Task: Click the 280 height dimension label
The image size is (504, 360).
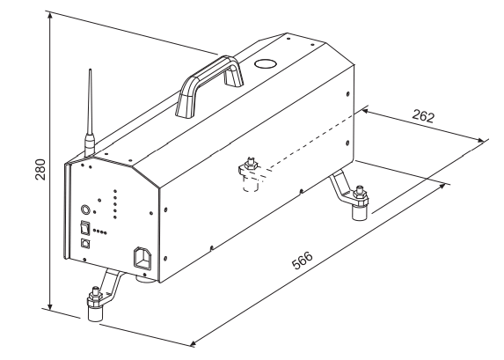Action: coord(40,169)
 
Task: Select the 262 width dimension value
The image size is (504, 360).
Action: coord(423,116)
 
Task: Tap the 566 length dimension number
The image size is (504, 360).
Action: coord(303,260)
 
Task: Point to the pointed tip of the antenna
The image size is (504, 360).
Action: coord(90,70)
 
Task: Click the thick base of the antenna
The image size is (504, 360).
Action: coord(90,145)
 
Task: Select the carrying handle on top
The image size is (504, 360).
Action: coord(209,84)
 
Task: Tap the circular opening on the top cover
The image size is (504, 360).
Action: coord(265,63)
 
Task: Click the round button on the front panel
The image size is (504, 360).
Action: coord(86,209)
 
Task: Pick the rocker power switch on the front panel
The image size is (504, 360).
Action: coord(84,228)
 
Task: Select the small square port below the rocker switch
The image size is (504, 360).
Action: coord(85,243)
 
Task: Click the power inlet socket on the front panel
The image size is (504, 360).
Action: coord(142,257)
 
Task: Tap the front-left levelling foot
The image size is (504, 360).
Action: coord(95,303)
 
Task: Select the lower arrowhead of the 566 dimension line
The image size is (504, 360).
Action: coord(194,343)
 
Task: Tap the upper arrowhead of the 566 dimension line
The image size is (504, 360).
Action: coord(443,186)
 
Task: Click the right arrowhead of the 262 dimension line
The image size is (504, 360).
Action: coord(480,140)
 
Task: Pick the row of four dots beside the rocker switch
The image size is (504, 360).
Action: coord(99,231)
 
